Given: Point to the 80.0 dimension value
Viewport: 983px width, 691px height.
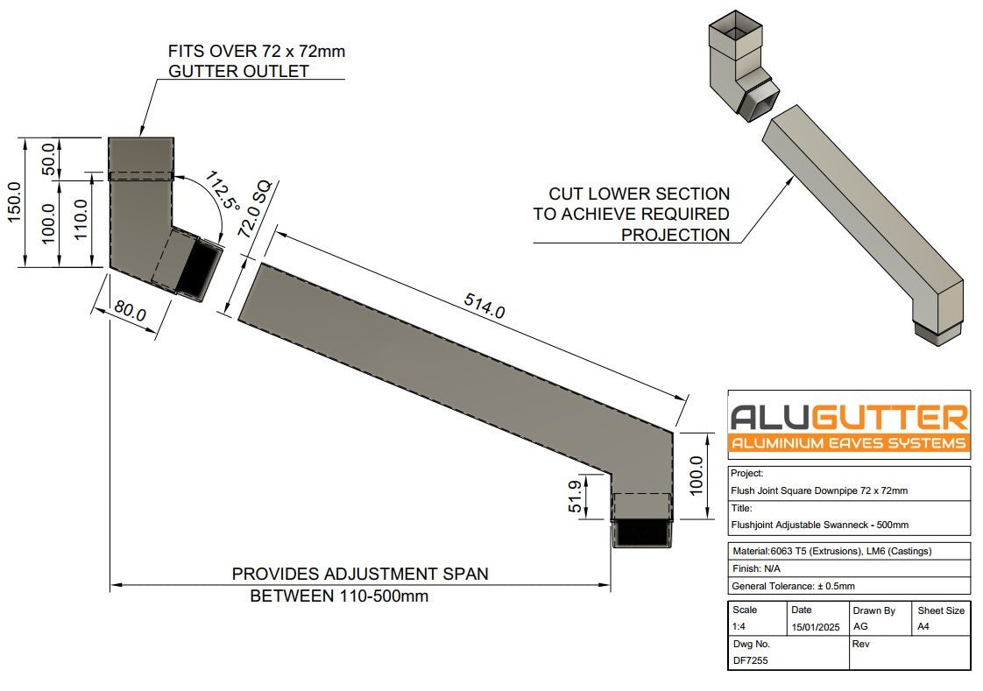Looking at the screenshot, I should point(129,313).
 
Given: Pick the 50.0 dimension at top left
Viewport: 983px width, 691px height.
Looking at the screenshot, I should point(50,159).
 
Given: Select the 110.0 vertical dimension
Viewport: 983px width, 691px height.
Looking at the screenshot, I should point(81,223).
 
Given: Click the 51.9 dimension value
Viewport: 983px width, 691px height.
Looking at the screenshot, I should point(576,497).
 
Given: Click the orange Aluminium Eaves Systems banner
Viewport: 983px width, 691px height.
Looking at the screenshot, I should point(848,442).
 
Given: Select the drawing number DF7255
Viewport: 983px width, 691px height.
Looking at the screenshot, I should point(750,660).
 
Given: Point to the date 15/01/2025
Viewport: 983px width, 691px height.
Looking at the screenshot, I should point(815,628).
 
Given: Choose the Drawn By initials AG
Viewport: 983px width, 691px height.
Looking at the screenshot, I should point(861,628).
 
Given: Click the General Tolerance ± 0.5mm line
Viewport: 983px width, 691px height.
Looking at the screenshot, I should point(793,586).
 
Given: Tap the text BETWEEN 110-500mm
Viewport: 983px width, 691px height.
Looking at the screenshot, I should point(339,596).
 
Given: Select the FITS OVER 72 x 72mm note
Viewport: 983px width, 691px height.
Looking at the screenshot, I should point(257,52).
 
